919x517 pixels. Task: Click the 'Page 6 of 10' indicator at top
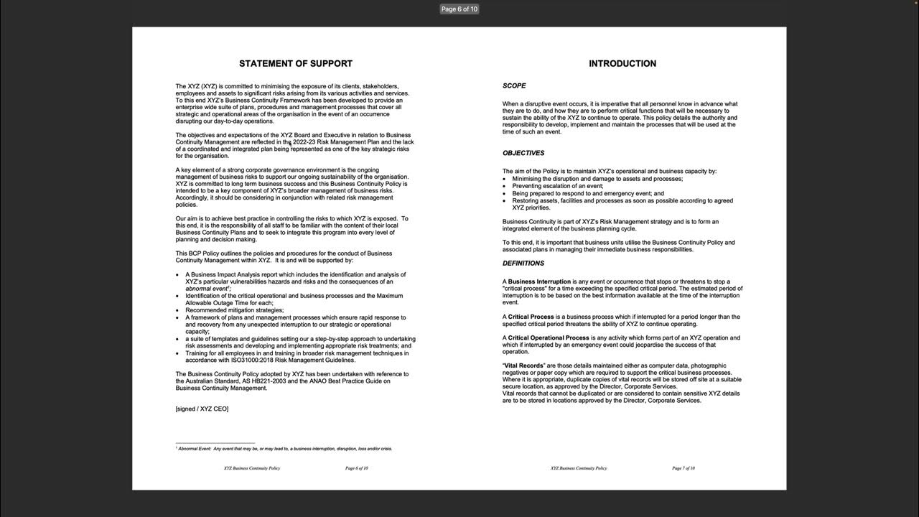coord(459,9)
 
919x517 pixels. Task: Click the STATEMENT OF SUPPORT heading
coord(296,64)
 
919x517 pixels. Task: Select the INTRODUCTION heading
coord(622,64)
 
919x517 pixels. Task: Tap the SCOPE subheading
coord(514,86)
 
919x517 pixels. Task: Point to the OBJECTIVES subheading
coord(523,153)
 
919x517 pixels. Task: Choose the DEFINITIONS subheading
coord(523,264)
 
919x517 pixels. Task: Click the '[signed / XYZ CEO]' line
coord(202,409)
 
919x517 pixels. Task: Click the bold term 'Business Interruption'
coord(539,282)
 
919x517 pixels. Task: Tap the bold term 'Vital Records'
coord(524,366)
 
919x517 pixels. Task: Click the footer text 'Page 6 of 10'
coord(357,468)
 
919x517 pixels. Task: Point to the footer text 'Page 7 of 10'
coord(684,468)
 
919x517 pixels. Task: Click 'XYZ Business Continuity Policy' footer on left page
coord(252,468)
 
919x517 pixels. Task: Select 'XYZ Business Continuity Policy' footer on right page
coord(579,468)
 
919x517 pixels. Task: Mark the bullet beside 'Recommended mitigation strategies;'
coord(177,311)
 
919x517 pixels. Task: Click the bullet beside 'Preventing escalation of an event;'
coord(505,187)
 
